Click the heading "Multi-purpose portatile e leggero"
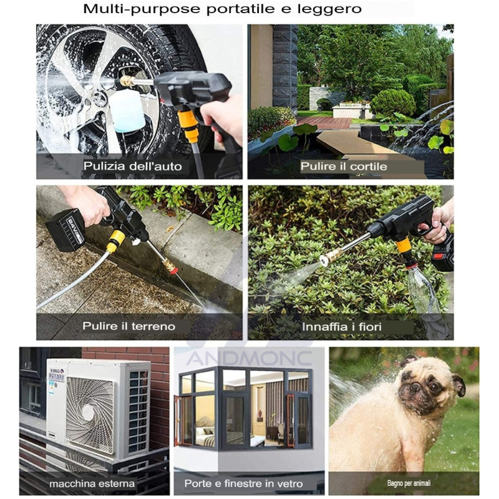tap(223, 9)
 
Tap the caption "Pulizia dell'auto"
tap(132, 166)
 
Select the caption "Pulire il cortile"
tap(344, 166)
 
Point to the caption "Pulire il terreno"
tap(129, 326)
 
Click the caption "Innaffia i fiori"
tap(341, 327)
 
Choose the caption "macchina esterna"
tap(92, 484)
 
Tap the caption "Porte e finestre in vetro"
tap(243, 484)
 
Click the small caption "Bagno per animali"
tap(409, 483)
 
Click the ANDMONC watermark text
tap(249, 358)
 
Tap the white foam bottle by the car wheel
tap(127, 110)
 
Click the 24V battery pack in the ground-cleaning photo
tap(65, 230)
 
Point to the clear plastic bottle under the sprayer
tap(423, 290)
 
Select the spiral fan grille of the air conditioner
tap(90, 414)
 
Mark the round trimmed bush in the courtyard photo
tap(394, 102)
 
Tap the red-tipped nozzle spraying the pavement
tap(170, 267)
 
